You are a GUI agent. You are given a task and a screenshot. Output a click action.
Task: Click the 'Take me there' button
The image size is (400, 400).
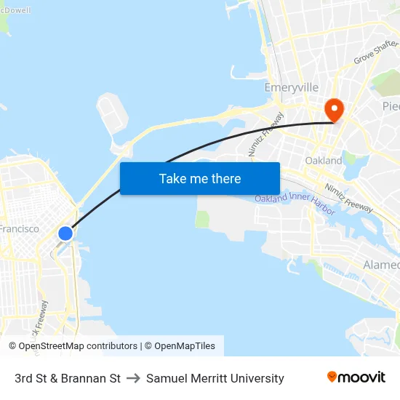200,179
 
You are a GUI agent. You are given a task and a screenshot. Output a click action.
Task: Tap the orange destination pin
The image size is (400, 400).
334,110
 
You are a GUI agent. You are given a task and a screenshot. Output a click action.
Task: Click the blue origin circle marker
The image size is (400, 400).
65,233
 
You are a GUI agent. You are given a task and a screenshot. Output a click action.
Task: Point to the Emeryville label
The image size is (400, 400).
291,87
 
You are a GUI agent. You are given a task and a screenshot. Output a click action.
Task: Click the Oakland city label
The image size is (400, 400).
324,160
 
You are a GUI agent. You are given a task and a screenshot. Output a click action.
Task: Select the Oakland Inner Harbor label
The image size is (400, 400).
295,202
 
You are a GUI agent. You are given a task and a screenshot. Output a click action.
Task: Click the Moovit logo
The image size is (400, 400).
356,377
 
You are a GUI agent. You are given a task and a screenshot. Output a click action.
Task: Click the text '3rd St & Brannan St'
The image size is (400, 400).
68,378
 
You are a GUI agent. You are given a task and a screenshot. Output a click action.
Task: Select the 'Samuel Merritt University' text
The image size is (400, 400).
215,378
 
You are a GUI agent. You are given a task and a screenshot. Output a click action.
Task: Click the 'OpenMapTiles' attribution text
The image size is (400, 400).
185,346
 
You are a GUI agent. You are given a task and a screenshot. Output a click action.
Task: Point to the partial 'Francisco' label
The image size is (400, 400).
20,228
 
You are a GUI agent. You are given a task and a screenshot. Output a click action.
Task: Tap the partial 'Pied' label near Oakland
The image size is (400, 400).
391,106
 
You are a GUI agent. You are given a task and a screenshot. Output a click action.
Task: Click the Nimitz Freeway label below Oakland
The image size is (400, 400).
350,198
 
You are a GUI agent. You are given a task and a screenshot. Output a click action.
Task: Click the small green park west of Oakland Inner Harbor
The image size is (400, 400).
202,219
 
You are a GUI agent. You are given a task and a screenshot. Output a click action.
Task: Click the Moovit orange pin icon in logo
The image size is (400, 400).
332,377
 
